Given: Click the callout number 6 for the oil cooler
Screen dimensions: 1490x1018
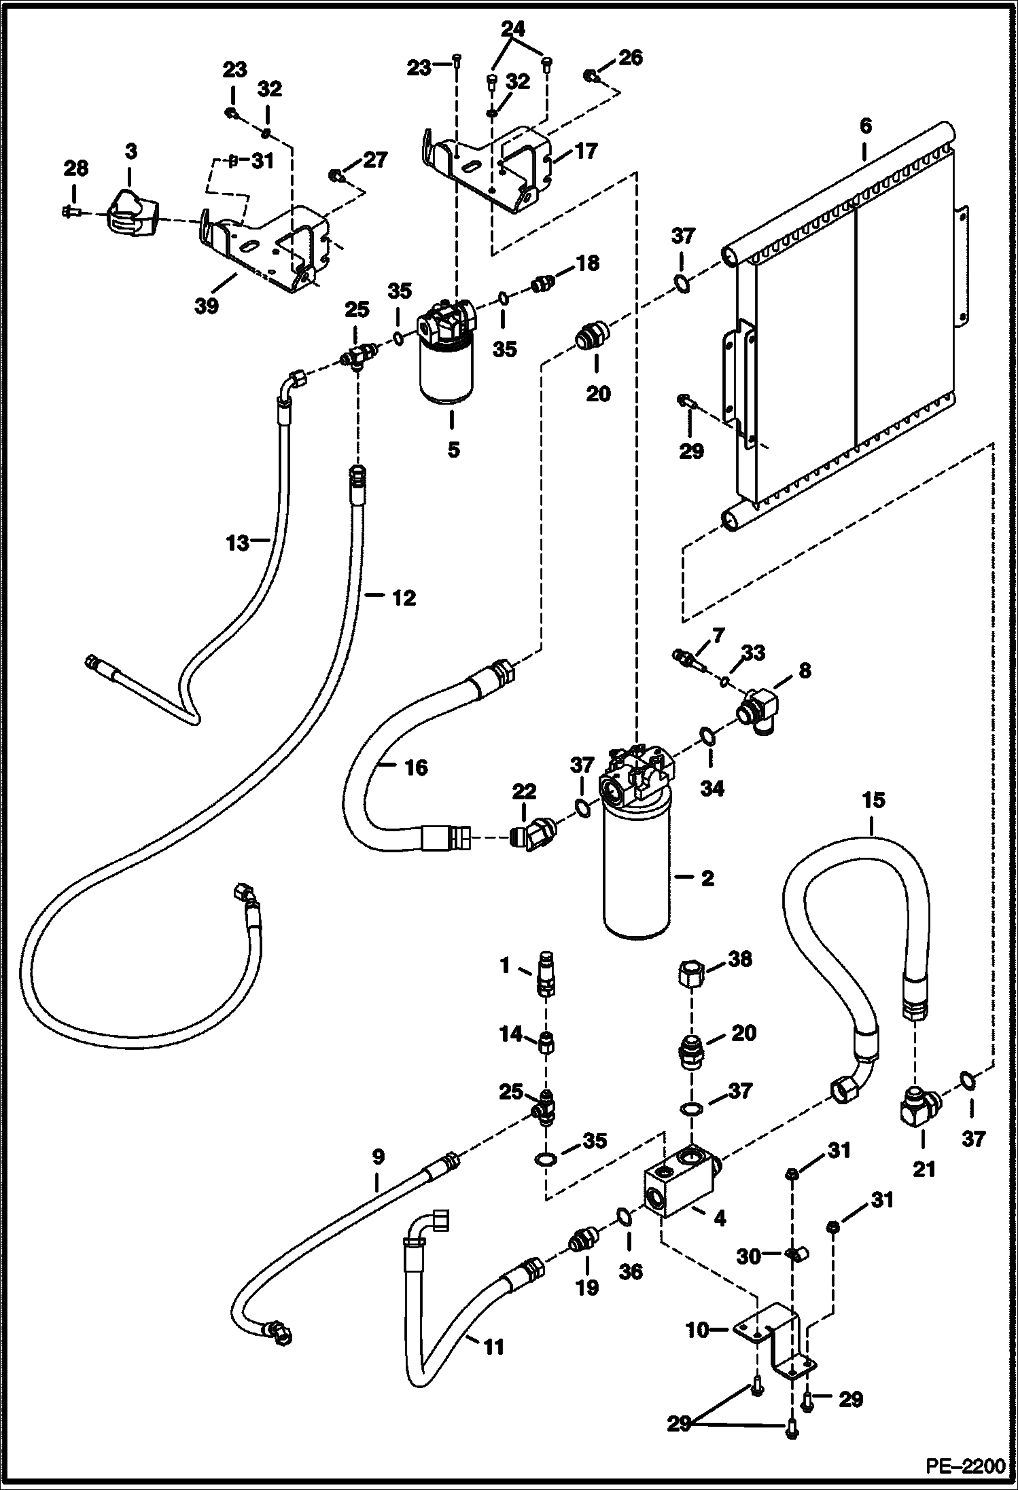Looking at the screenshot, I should point(865,127).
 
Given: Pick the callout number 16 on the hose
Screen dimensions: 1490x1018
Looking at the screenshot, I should point(415,768).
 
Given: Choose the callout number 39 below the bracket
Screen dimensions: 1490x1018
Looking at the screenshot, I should point(207,306).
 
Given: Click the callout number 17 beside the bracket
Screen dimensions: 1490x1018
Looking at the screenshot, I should point(585,151).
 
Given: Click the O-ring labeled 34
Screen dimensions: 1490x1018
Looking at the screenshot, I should point(706,736).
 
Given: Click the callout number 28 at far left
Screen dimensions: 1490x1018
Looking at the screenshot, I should point(75,168).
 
